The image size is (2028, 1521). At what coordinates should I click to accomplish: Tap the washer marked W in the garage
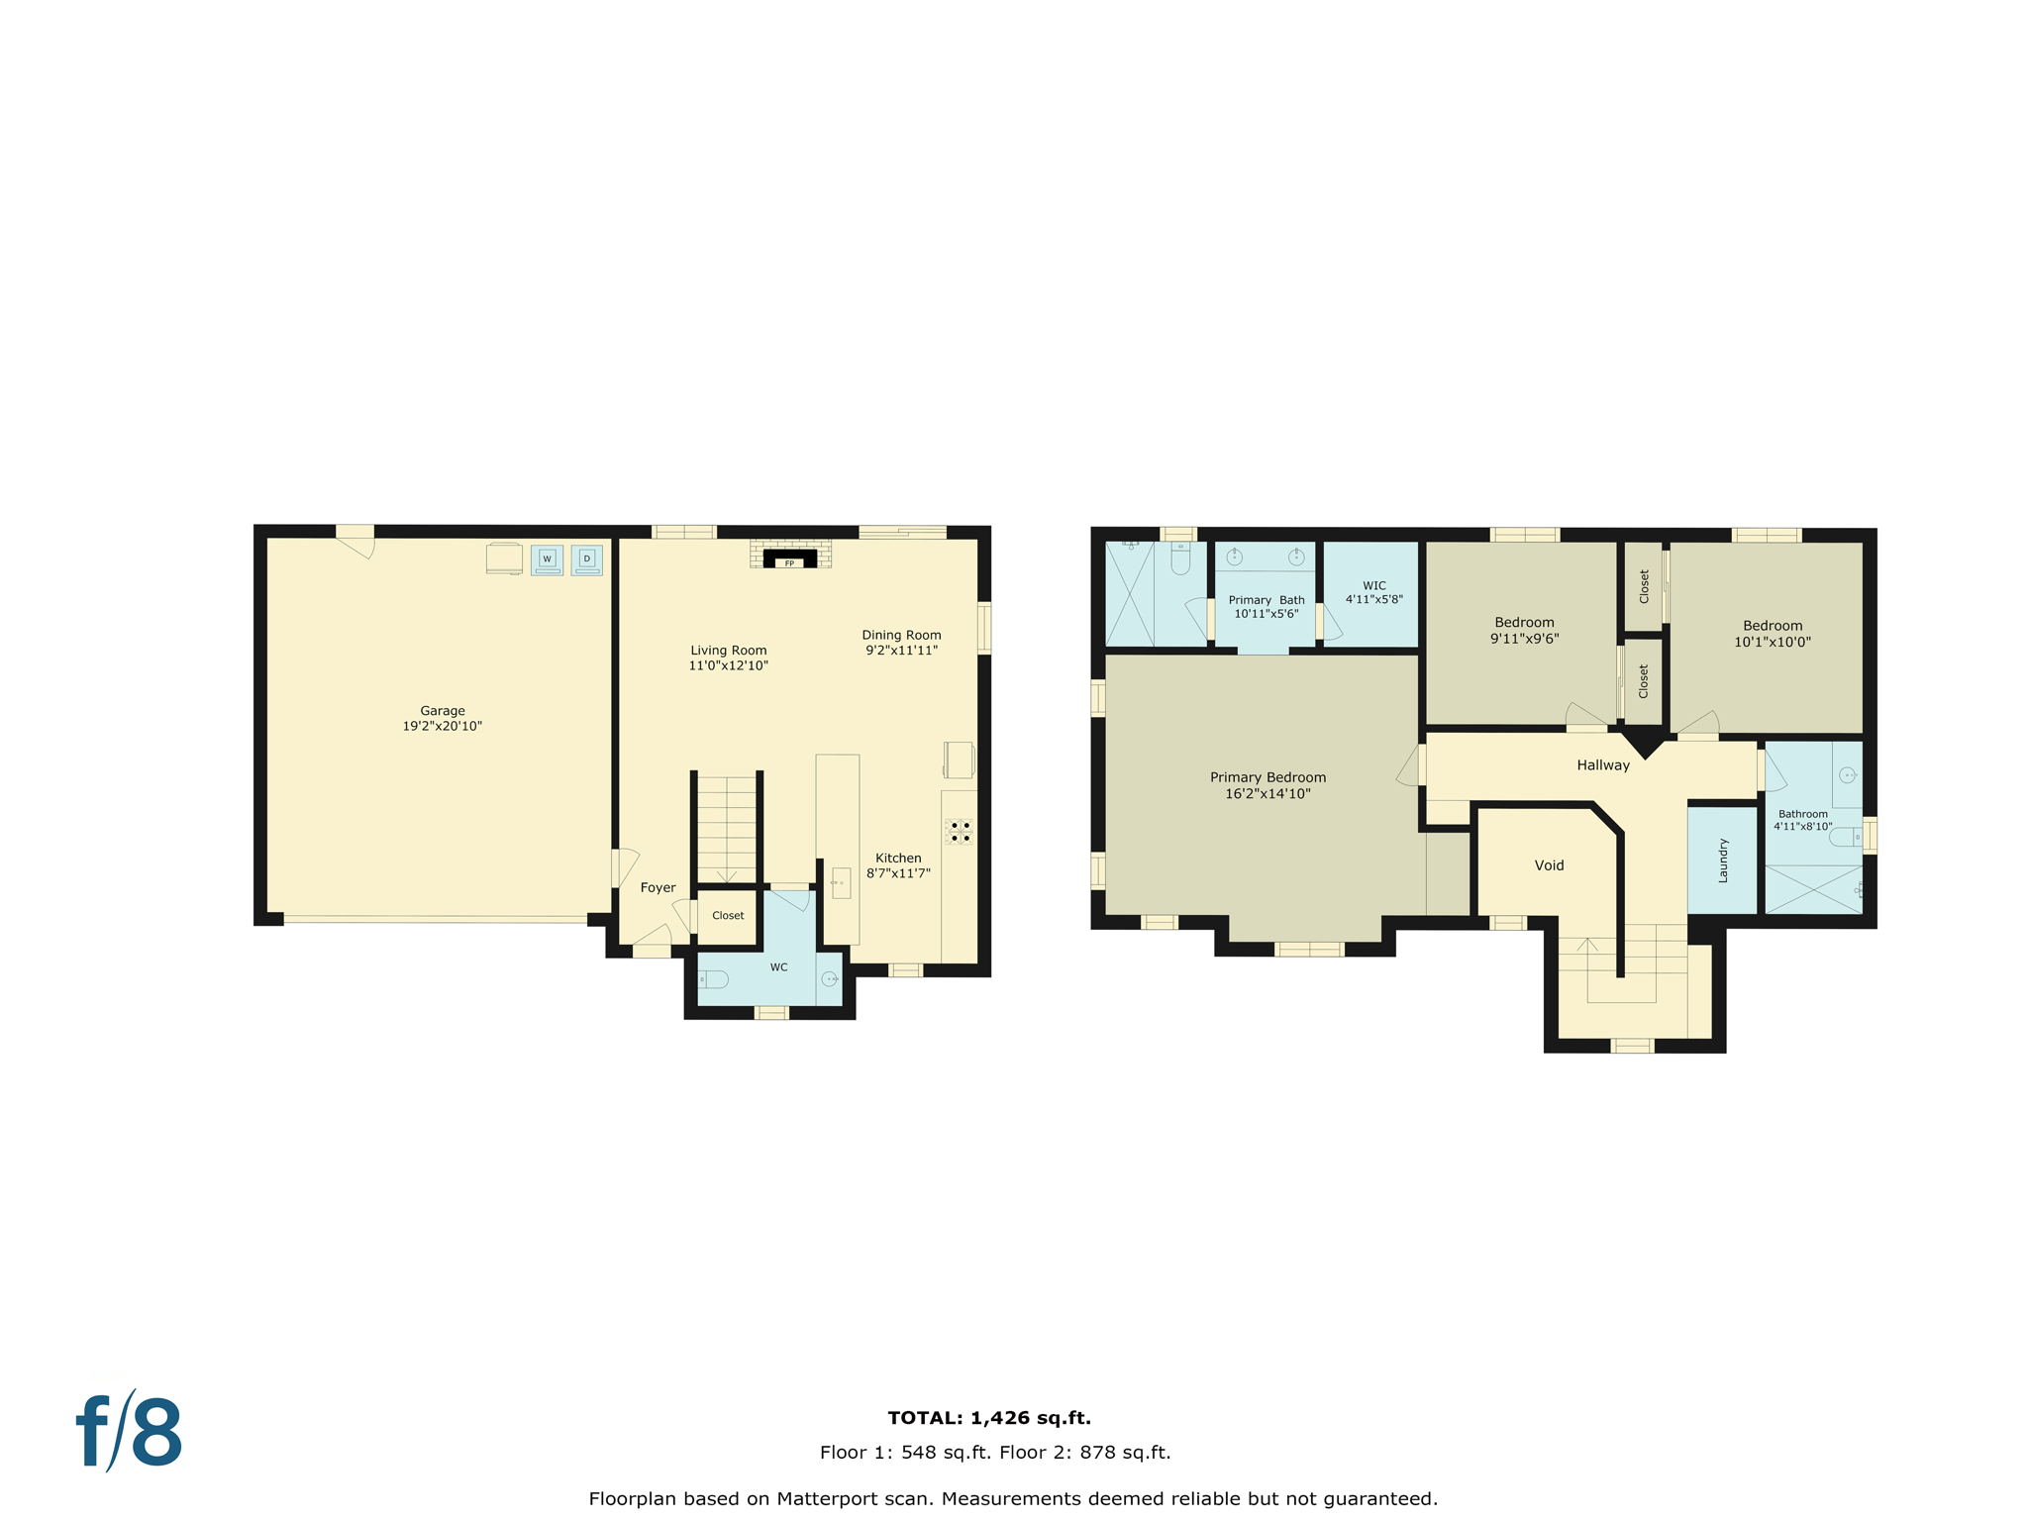pyautogui.click(x=547, y=559)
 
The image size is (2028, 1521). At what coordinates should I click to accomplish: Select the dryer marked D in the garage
pyautogui.click(x=586, y=559)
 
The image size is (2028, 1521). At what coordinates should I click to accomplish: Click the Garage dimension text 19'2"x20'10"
pyautogui.click(x=442, y=726)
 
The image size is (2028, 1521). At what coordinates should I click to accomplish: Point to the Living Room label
pyautogui.click(x=728, y=651)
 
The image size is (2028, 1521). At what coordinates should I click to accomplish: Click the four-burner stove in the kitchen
pyautogui.click(x=960, y=832)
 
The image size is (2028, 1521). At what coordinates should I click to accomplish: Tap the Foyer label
pyautogui.click(x=658, y=887)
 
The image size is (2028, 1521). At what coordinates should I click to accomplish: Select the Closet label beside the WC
pyautogui.click(x=728, y=915)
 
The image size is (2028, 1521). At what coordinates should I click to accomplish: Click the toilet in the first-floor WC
pyautogui.click(x=714, y=979)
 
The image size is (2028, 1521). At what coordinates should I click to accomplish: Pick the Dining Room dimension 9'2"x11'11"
pyautogui.click(x=901, y=651)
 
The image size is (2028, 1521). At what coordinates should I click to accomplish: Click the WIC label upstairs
pyautogui.click(x=1373, y=585)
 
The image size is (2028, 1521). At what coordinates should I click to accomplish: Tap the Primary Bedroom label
pyautogui.click(x=1267, y=777)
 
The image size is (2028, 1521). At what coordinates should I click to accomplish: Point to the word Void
pyautogui.click(x=1549, y=865)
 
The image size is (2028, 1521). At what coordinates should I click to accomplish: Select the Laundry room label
pyautogui.click(x=1722, y=861)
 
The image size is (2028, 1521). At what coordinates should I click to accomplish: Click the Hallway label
pyautogui.click(x=1602, y=765)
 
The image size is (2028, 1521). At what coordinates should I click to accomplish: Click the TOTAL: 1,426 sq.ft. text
pyautogui.click(x=988, y=1418)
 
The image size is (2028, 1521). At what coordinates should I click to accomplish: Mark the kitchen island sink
pyautogui.click(x=841, y=881)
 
